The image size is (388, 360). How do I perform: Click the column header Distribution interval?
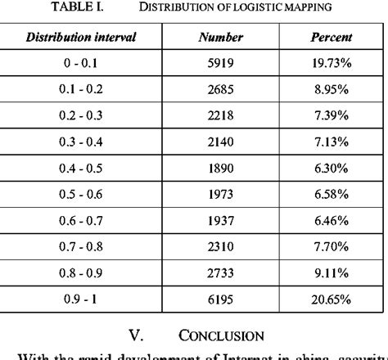coord(80,38)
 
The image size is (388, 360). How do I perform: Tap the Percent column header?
coord(332,38)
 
